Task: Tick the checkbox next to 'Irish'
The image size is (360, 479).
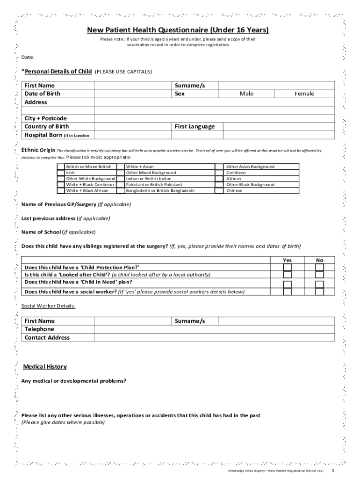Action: [61, 173]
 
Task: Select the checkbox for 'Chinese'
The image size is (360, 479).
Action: [219, 191]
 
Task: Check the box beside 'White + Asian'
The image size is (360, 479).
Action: [121, 167]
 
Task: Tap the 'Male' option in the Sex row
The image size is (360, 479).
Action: [246, 94]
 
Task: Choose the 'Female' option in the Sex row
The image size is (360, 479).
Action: [304, 94]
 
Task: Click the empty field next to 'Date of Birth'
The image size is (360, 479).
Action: [133, 94]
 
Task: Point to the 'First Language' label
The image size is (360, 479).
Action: [195, 127]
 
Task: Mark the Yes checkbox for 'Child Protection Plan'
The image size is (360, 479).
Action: [288, 268]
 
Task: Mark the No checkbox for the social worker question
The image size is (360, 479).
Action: [320, 292]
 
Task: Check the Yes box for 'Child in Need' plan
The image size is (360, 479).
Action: [288, 284]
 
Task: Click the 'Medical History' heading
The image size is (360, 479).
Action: [45, 367]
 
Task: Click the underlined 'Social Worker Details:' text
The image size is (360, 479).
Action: [48, 306]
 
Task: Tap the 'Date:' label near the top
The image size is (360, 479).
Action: [28, 58]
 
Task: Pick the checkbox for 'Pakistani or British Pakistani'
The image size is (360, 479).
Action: [121, 185]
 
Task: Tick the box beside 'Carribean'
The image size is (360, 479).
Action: [219, 173]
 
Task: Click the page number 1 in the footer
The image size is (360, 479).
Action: [332, 470]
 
